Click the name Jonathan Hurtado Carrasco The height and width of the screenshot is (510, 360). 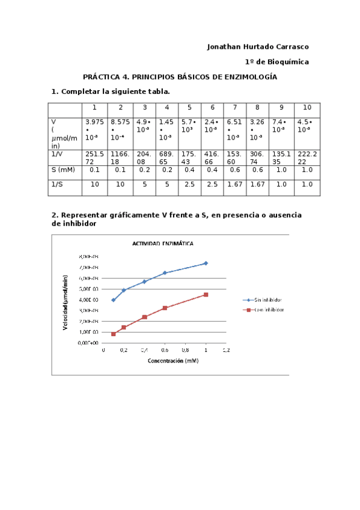pyautogui.click(x=258, y=46)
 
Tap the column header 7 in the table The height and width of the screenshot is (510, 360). pyautogui.click(x=234, y=108)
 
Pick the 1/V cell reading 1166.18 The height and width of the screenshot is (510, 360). pyautogui.click(x=120, y=158)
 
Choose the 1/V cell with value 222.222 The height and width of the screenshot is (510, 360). pyautogui.click(x=307, y=158)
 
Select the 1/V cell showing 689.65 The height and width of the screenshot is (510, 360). pyautogui.click(x=166, y=158)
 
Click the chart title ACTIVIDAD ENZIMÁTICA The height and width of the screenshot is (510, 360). pyautogui.click(x=163, y=244)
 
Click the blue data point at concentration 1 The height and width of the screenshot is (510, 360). pyautogui.click(x=206, y=263)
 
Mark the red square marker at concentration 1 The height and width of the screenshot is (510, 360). pyautogui.click(x=206, y=295)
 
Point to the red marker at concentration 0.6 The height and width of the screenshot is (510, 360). pyautogui.click(x=165, y=308)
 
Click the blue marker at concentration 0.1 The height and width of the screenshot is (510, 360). pyautogui.click(x=113, y=300)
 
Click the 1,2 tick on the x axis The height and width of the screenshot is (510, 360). pyautogui.click(x=226, y=349)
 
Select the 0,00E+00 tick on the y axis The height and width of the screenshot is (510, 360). pyautogui.click(x=88, y=342)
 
